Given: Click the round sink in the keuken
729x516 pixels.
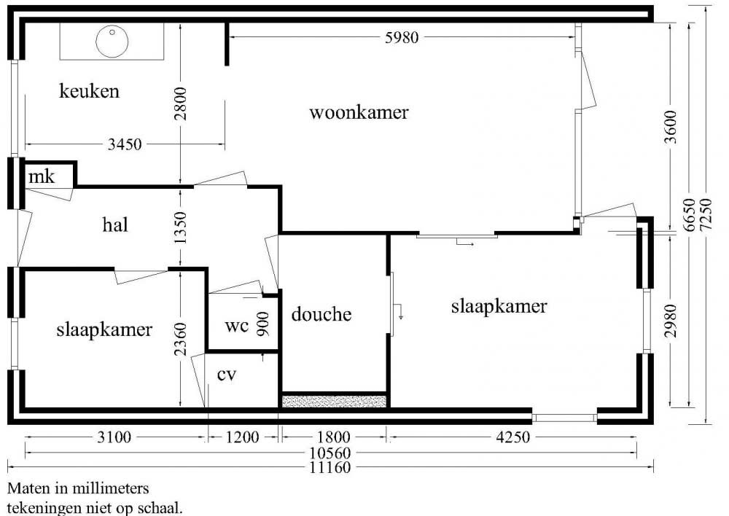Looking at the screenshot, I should (111, 41).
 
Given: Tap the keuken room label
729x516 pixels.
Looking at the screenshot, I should (89, 92).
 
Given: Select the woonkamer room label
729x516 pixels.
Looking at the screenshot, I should (359, 112).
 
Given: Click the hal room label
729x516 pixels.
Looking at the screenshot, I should (115, 224).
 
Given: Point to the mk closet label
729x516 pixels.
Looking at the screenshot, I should (41, 176).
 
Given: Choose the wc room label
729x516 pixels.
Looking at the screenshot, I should (236, 325).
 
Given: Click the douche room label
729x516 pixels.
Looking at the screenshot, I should (321, 314).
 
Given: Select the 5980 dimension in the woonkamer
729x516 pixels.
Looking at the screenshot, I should (402, 38).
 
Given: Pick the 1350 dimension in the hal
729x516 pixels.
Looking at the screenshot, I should (181, 227).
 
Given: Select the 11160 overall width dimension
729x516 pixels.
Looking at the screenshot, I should (330, 467).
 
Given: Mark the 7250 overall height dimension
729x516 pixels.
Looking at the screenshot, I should (705, 216).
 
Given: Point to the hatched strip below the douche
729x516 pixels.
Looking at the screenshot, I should (334, 401).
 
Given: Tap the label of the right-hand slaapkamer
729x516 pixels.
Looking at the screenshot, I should (499, 306).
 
